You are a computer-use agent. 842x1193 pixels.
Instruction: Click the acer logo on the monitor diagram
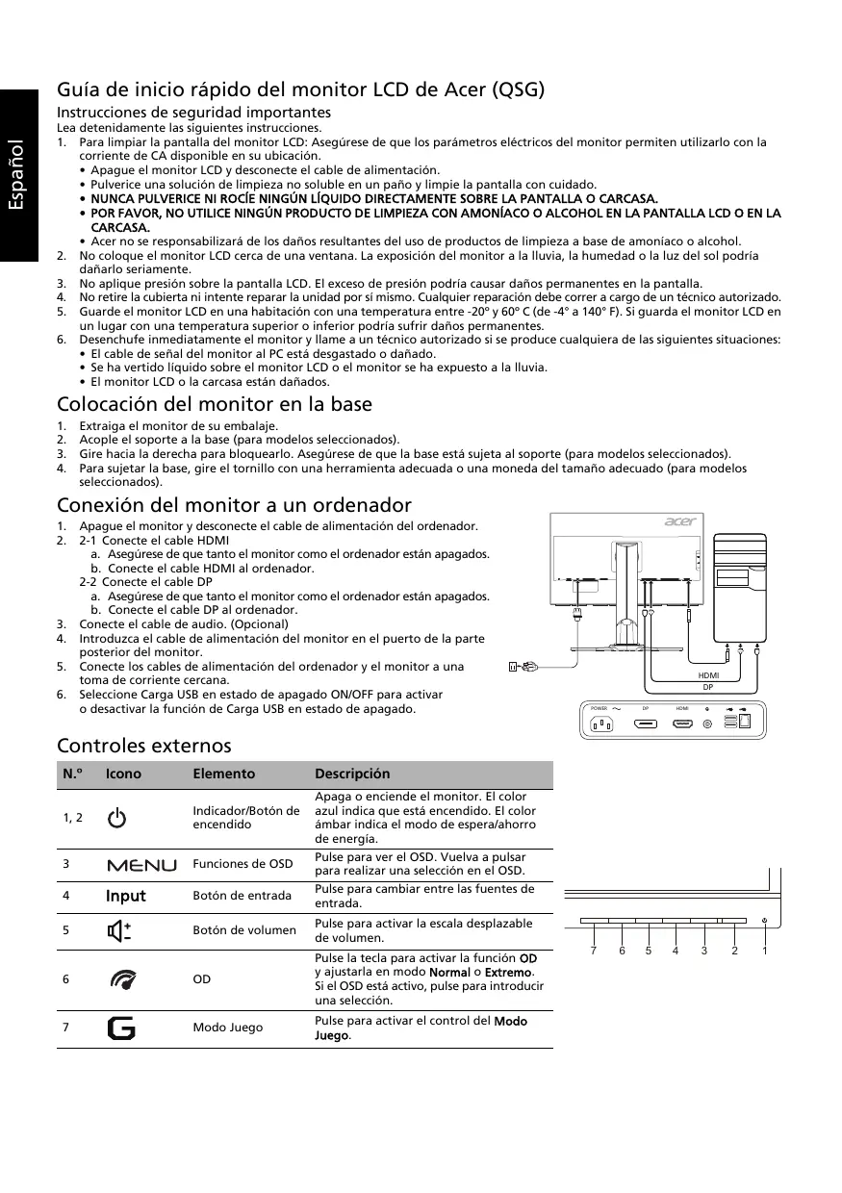coord(679,522)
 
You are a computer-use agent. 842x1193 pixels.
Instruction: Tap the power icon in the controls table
coord(116,819)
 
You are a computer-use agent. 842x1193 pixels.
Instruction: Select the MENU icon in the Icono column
coord(141,865)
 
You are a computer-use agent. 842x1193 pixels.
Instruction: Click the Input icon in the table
coord(126,897)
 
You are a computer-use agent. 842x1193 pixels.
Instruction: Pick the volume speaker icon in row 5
coord(120,930)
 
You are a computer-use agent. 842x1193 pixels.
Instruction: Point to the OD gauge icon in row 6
coord(122,979)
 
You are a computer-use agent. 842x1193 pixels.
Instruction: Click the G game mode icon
coord(122,1028)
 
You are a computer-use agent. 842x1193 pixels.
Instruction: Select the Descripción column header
coord(352,774)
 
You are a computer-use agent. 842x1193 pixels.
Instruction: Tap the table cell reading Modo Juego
coord(227,1028)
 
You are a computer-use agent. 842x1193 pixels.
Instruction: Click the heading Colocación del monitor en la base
coord(215,404)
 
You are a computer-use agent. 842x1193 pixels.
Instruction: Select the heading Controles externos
coord(144,746)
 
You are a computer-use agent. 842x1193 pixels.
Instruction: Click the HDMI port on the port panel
coord(682,723)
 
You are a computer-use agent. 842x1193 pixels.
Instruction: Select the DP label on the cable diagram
coord(707,688)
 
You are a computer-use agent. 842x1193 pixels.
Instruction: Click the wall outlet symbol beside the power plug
coord(514,666)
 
